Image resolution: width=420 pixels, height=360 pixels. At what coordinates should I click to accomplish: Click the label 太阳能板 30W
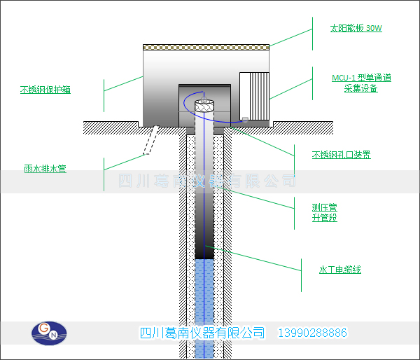356,29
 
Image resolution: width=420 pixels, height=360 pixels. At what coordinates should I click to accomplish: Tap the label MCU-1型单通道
361,78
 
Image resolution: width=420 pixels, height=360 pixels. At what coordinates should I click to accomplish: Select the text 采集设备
361,88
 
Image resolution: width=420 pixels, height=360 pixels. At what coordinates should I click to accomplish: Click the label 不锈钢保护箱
45,90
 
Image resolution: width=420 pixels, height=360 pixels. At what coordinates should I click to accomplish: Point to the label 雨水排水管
45,169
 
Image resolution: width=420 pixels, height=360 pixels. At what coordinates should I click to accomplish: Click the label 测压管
325,207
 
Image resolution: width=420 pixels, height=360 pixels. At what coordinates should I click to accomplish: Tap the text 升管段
325,218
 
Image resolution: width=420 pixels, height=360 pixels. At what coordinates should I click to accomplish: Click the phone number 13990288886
313,333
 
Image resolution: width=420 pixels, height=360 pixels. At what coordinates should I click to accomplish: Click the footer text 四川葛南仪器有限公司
203,333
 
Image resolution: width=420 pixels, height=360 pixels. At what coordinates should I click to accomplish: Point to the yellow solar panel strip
206,48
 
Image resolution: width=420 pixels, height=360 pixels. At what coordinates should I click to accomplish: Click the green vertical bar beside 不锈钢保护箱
104,90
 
